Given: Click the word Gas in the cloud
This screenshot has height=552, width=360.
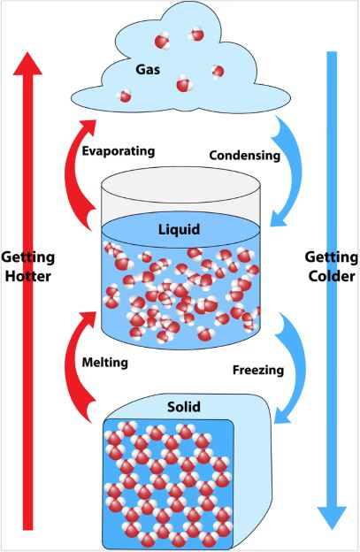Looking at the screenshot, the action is [x=148, y=70].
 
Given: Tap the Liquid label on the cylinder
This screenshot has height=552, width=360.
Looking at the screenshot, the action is [x=180, y=229].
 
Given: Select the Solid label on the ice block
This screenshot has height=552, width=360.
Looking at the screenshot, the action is [x=184, y=407].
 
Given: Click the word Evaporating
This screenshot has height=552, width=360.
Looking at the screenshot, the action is [x=119, y=151].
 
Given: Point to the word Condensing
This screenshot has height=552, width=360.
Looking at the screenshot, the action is [x=245, y=155].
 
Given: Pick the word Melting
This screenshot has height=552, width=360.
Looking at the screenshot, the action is [x=105, y=363].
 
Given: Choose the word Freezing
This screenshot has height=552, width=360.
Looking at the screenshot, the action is [x=258, y=371].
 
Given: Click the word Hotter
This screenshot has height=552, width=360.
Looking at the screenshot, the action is [x=27, y=276].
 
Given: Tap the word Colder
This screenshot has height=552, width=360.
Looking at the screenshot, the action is [x=332, y=276].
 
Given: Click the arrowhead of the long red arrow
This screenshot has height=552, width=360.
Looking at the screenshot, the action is [x=27, y=64].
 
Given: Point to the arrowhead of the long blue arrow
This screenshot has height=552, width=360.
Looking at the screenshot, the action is [x=332, y=517].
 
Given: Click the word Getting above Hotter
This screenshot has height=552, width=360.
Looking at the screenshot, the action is [x=28, y=258].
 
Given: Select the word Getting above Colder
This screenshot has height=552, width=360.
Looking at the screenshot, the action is [x=331, y=257].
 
